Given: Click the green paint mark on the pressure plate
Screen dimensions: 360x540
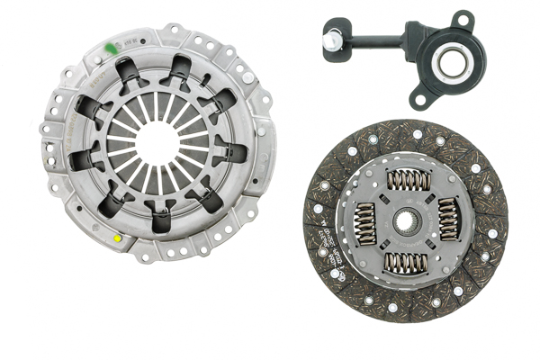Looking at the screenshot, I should pos(111,47).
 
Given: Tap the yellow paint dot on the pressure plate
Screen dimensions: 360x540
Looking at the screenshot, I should pos(118,238).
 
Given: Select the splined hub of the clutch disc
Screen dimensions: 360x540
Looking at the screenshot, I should pos(406,219).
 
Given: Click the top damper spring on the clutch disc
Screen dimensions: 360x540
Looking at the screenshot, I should pos(408,179).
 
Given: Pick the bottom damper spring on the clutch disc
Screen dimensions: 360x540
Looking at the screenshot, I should pos(406,262).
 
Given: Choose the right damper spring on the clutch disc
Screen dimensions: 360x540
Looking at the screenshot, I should pos(446,219).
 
